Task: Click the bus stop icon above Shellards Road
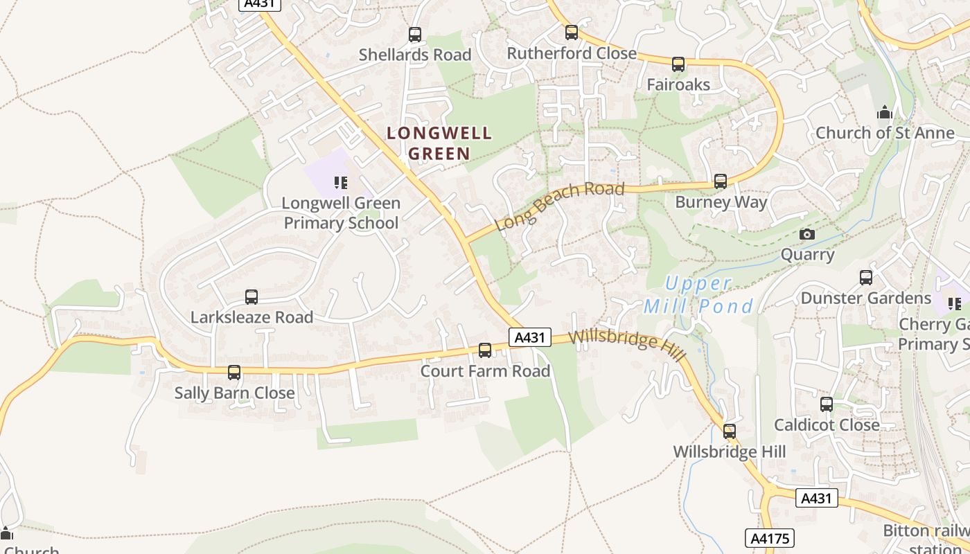click(x=415, y=34)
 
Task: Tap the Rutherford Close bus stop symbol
click(x=572, y=33)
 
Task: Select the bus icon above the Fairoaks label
click(x=678, y=64)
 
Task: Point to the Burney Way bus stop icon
click(x=721, y=181)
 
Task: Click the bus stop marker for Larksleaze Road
click(x=252, y=297)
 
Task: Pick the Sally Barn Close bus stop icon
click(x=234, y=373)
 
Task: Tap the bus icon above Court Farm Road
click(x=485, y=350)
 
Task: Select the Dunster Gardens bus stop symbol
click(x=866, y=278)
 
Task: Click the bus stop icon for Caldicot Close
click(x=827, y=404)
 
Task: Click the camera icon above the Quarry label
click(x=807, y=234)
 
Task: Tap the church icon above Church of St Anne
click(x=885, y=112)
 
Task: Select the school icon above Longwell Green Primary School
click(x=341, y=183)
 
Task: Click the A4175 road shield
click(x=770, y=538)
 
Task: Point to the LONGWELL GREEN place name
click(x=439, y=143)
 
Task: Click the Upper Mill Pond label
click(x=698, y=295)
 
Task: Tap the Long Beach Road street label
click(x=561, y=206)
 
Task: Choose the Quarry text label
click(x=808, y=254)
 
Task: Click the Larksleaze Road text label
click(x=252, y=317)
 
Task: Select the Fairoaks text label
click(x=678, y=84)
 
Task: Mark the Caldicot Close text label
click(x=827, y=425)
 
